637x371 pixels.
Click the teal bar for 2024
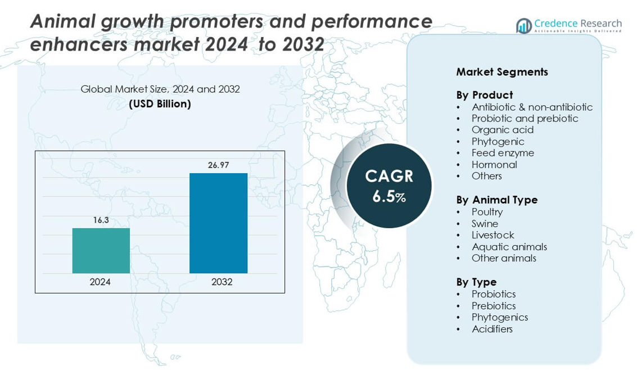101,251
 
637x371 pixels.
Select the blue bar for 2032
218,223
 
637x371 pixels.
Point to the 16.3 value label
101,220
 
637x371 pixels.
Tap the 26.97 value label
218,165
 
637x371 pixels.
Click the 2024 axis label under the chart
100,282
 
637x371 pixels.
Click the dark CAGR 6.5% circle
388,185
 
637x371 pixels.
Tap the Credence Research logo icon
524,26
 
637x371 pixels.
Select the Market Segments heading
502,72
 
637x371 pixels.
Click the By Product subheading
484,95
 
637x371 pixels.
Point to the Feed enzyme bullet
503,153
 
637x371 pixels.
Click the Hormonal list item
494,165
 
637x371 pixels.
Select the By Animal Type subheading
496,200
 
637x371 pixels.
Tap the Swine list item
485,224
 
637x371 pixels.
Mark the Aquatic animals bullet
509,247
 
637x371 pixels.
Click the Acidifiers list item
492,329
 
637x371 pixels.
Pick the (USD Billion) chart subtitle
160,104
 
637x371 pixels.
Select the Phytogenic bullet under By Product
498,142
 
